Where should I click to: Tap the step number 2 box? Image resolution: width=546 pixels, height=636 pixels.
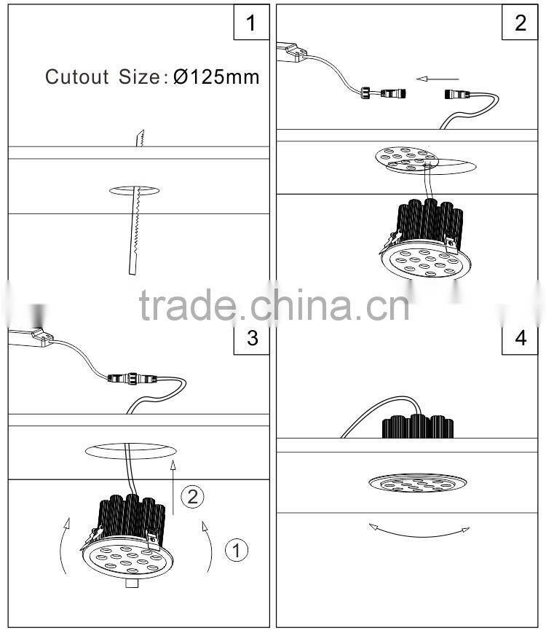pyautogui.click(x=520, y=23)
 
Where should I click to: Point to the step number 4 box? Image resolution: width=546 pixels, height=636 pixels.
pyautogui.click(x=520, y=339)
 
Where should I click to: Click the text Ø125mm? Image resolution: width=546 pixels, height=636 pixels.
pyautogui.click(x=216, y=77)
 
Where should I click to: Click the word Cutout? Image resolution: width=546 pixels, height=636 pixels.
pyautogui.click(x=77, y=77)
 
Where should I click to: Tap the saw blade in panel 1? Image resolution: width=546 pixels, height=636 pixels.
pyautogui.click(x=136, y=219)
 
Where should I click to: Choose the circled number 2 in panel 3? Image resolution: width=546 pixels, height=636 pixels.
pyautogui.click(x=191, y=497)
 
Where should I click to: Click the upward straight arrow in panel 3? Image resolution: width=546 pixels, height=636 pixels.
pyautogui.click(x=173, y=488)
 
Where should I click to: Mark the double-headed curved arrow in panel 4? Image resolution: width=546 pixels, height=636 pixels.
pyautogui.click(x=419, y=531)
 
